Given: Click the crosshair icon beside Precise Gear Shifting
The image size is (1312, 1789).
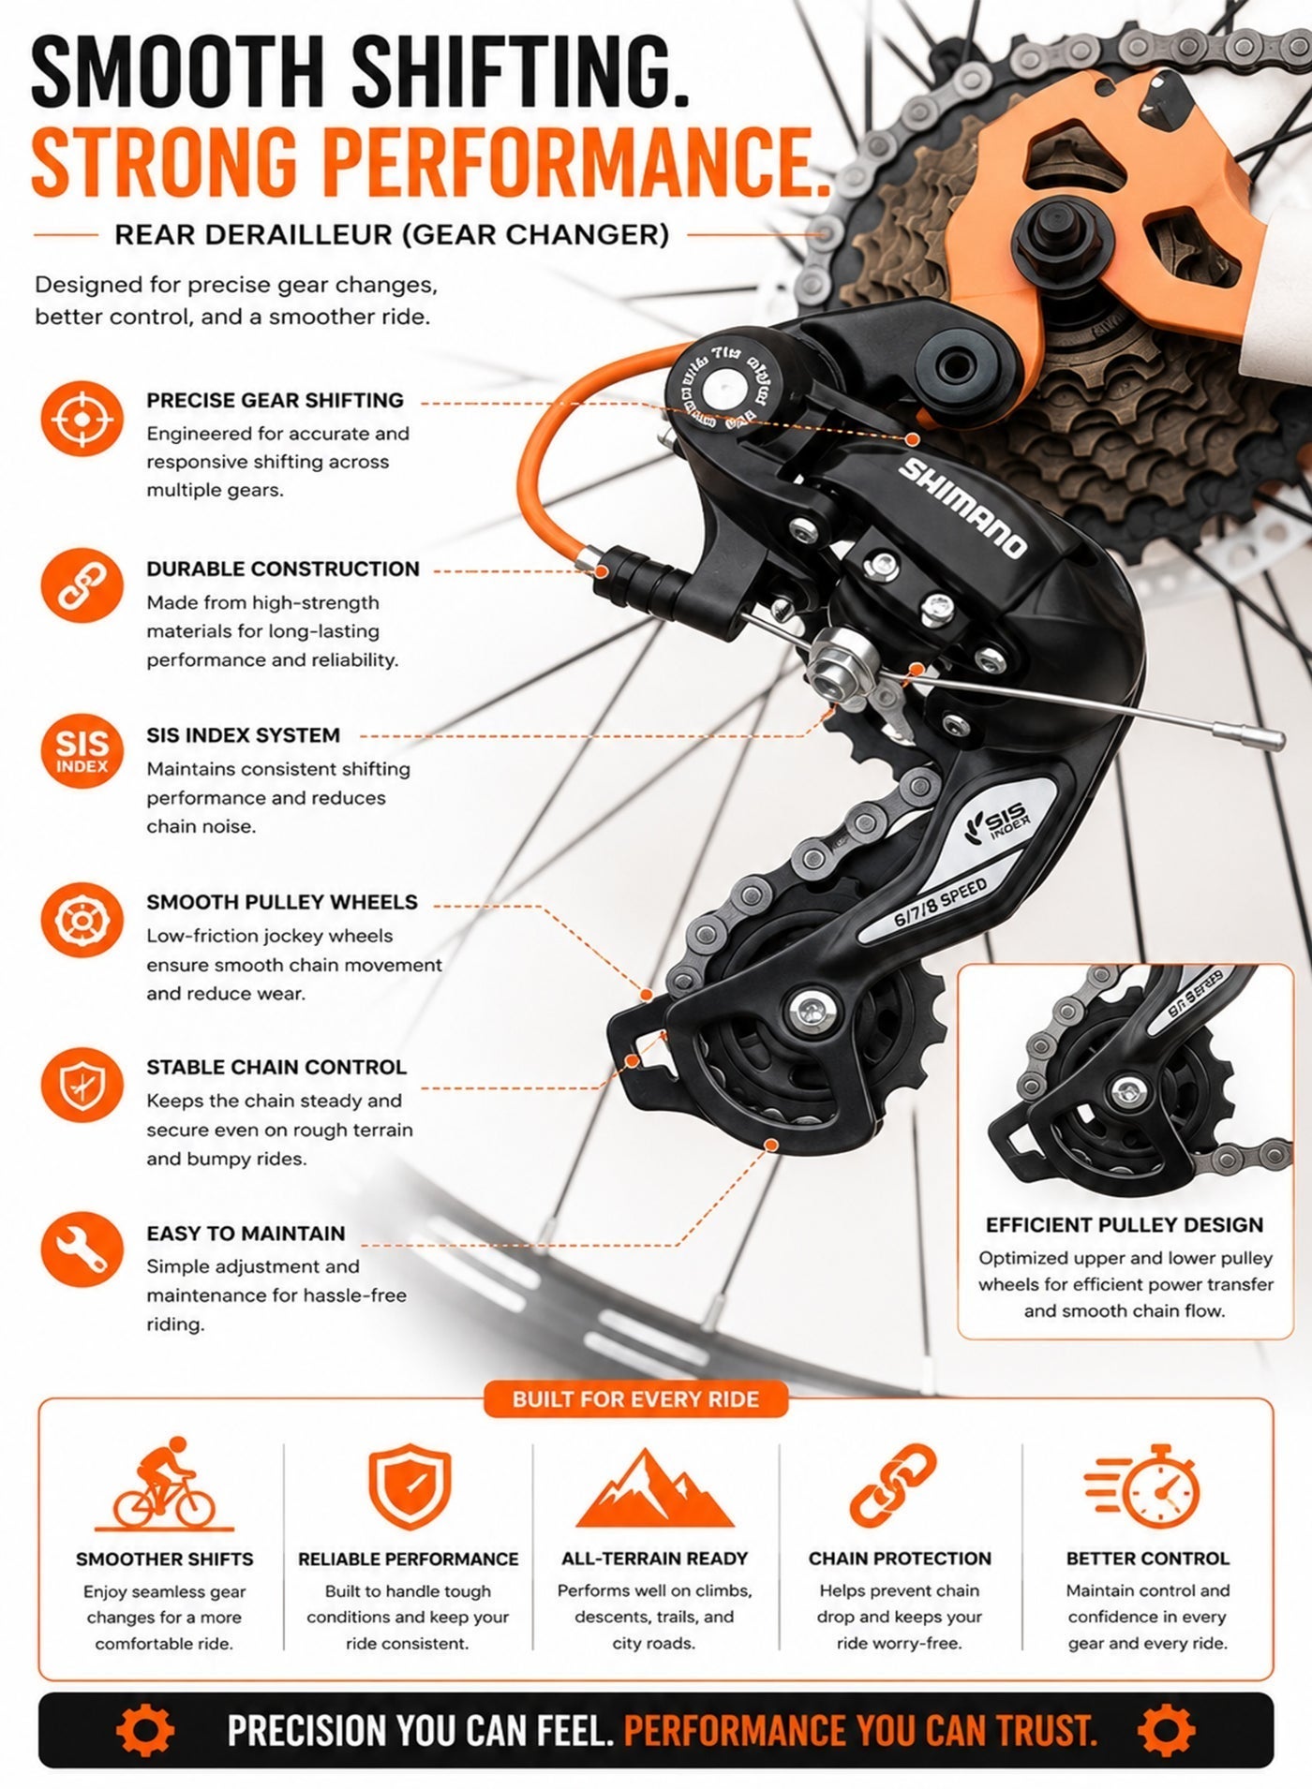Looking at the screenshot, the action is pos(82,419).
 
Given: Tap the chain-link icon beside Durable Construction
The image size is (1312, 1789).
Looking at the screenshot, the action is pos(82,585).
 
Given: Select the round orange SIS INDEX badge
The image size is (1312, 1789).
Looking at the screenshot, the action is pos(82,751).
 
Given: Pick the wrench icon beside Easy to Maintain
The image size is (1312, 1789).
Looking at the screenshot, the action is pos(82,1251).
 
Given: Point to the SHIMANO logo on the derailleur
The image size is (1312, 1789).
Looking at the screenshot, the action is pos(962,507).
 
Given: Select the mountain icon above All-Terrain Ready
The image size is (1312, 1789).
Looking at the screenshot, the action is pos(654,1489).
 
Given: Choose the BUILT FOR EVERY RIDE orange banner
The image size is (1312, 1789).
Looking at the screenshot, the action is pos(635,1399).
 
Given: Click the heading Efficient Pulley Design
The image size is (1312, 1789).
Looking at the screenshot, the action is pos(1125,1225).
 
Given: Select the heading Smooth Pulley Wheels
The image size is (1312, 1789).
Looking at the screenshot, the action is pos(282,902).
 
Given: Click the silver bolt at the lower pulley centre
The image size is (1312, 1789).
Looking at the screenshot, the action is pos(811,1009).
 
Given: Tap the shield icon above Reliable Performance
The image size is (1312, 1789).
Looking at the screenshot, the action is pos(410,1487).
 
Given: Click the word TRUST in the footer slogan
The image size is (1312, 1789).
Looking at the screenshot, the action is pos(1046,1730).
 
